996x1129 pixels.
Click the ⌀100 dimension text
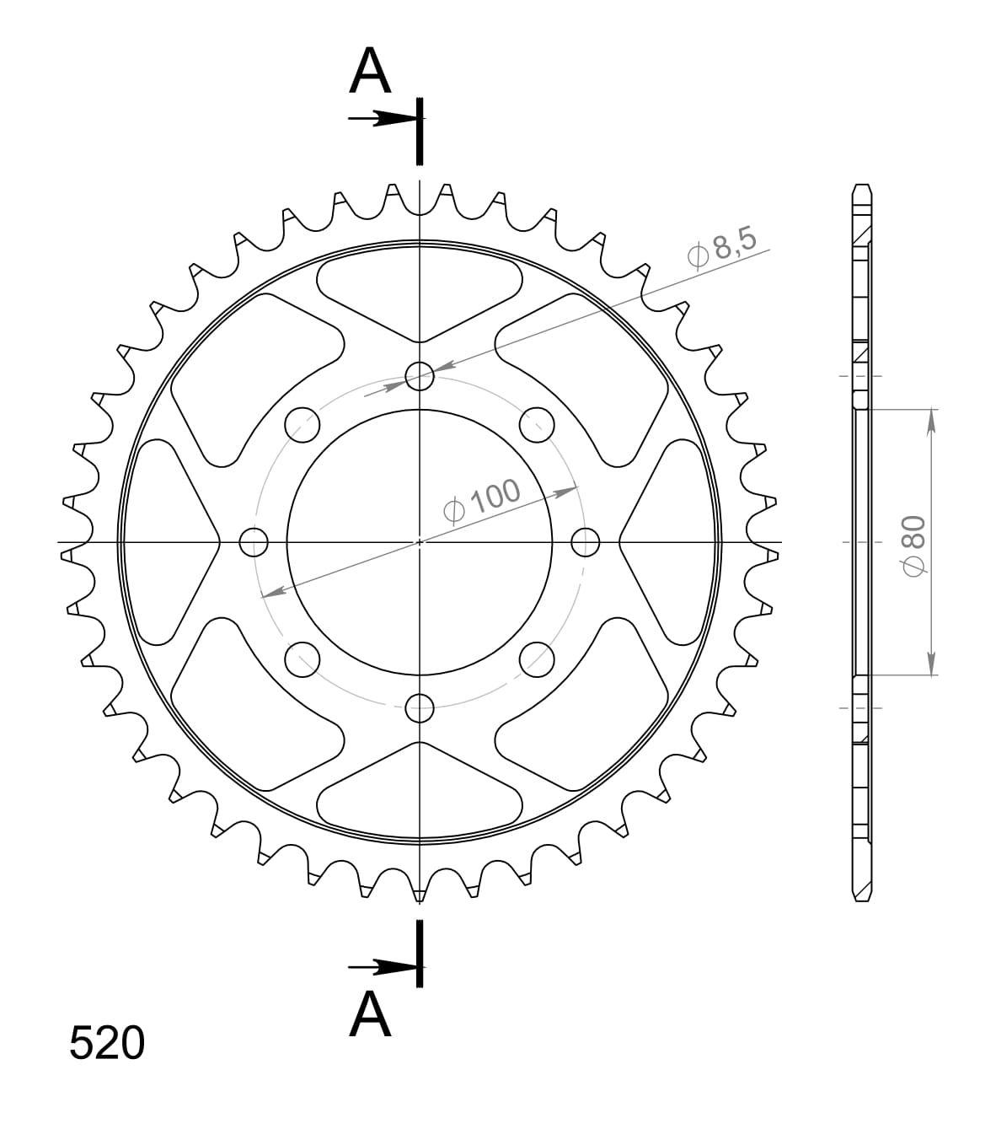(x=482, y=503)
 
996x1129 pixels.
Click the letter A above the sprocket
(x=371, y=72)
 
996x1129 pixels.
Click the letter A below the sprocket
(x=371, y=1014)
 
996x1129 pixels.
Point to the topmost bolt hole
(x=420, y=376)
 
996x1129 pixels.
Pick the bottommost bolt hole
(x=420, y=708)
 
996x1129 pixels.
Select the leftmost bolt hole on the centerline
(x=254, y=542)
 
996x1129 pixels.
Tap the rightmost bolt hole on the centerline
(x=586, y=542)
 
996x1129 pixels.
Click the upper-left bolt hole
(x=303, y=425)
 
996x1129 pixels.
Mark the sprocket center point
(x=420, y=542)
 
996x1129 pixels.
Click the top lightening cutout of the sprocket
(x=420, y=291)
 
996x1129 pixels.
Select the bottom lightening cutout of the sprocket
(x=420, y=793)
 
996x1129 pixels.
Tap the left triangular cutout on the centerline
(x=173, y=542)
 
